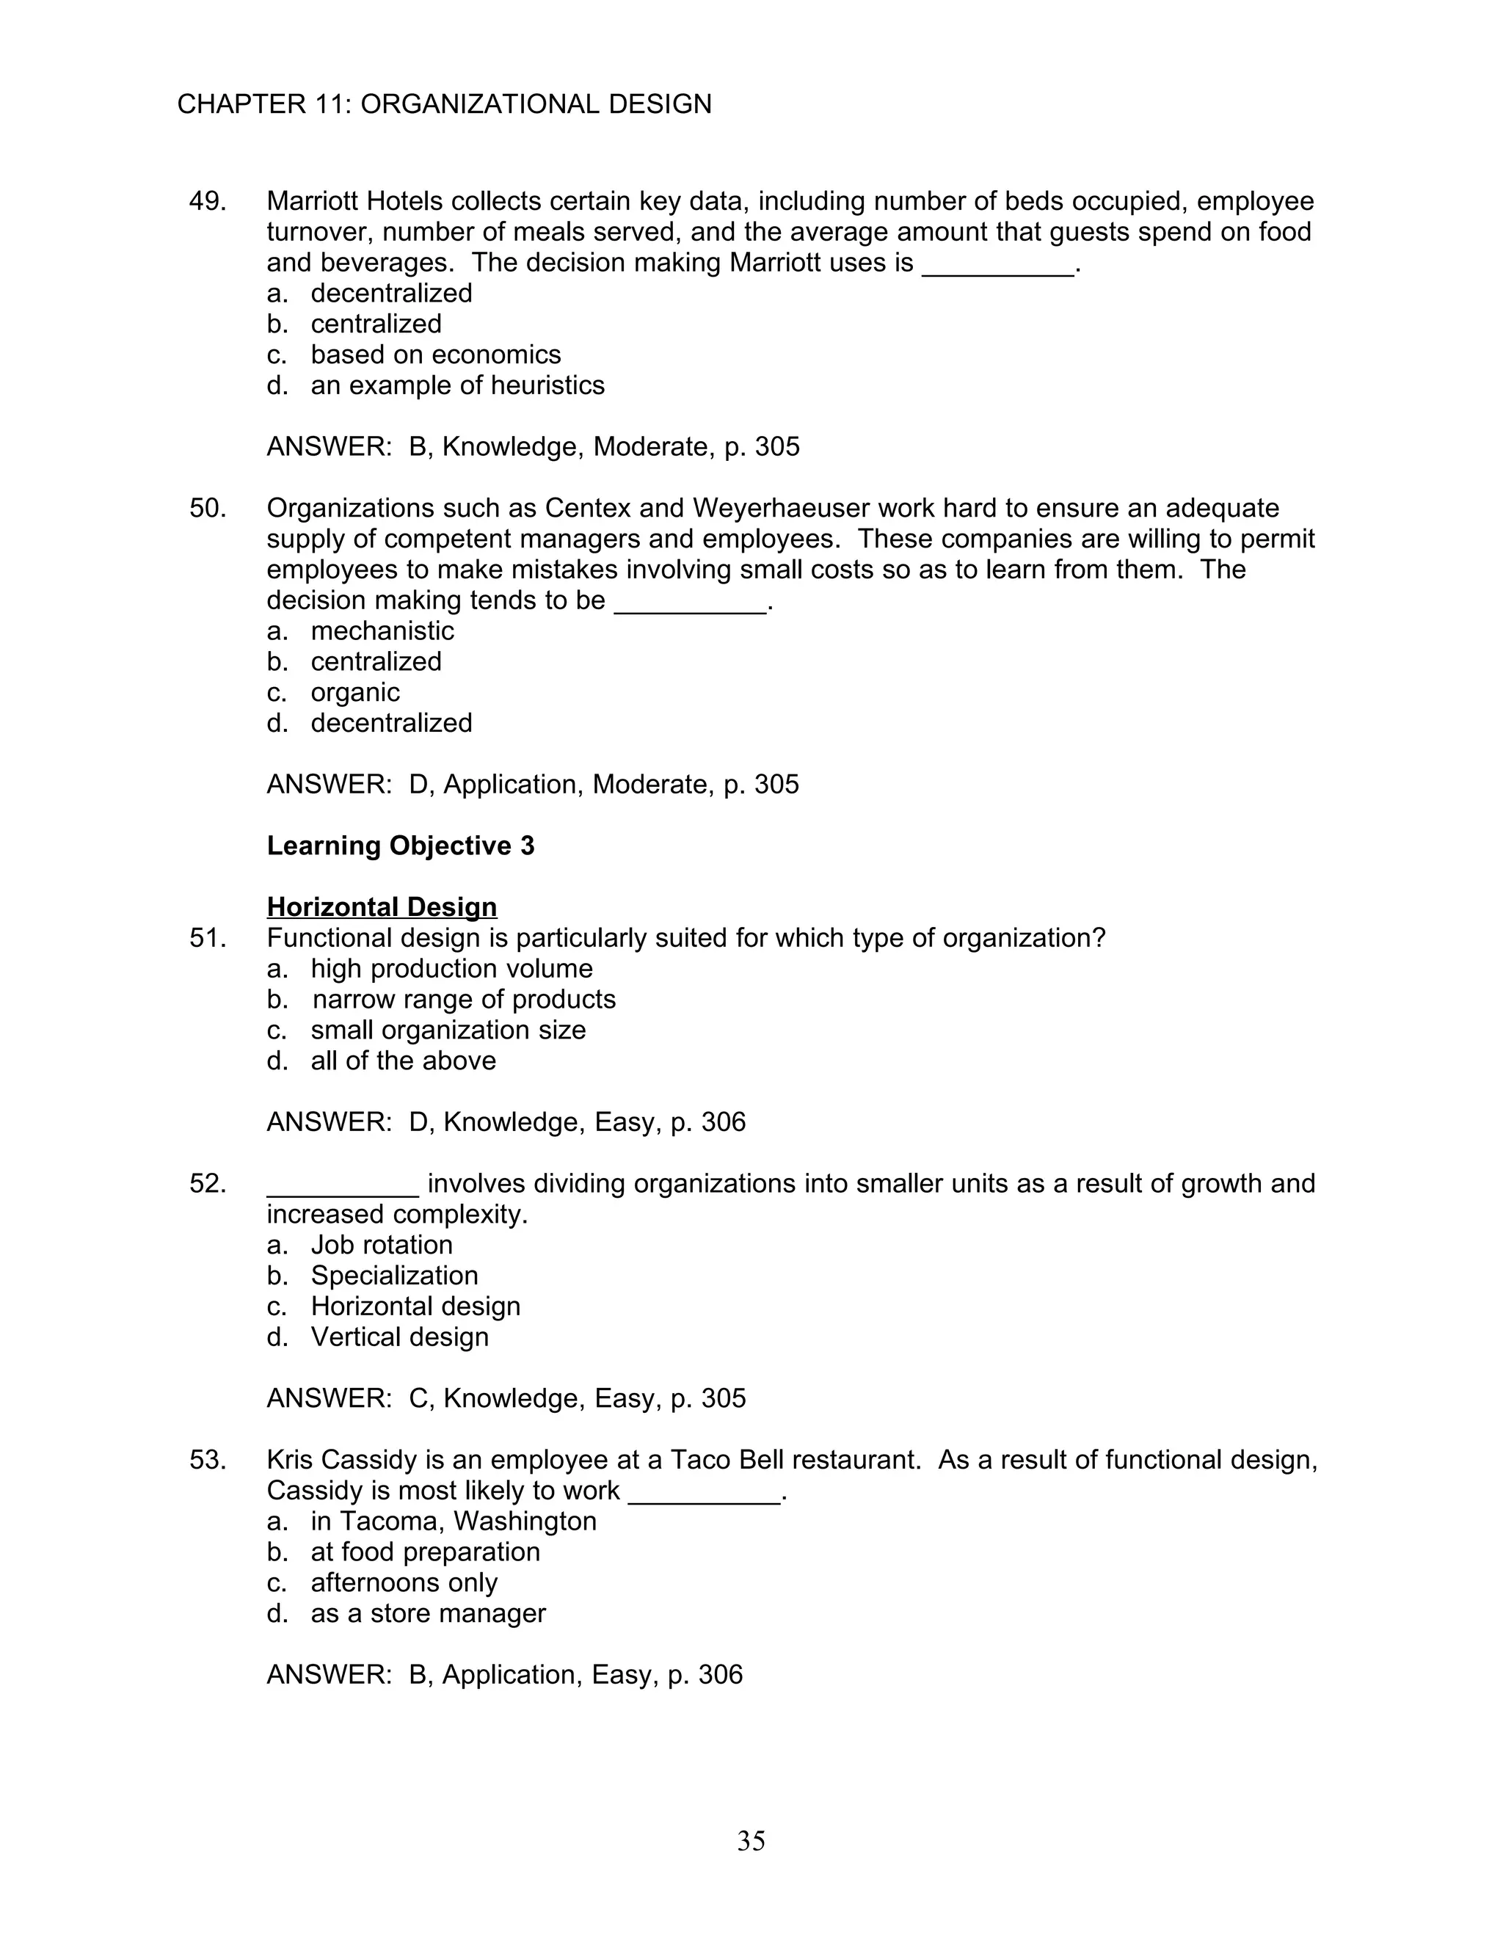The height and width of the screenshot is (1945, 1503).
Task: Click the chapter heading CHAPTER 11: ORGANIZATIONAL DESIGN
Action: [x=444, y=104]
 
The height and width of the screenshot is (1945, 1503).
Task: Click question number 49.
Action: [x=208, y=202]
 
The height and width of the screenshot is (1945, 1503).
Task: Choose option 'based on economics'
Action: [x=435, y=355]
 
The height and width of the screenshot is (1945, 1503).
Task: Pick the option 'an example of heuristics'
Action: [x=456, y=385]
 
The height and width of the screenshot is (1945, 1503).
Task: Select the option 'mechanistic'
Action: [x=382, y=631]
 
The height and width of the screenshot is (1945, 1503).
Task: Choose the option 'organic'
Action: [x=354, y=693]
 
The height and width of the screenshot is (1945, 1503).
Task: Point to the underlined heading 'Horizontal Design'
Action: [x=382, y=907]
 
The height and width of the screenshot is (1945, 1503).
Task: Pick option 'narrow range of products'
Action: [x=463, y=999]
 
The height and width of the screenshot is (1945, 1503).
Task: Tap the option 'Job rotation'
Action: [x=381, y=1245]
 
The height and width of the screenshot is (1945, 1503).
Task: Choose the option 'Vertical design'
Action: [x=399, y=1337]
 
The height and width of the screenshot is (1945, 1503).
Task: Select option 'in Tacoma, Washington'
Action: [x=454, y=1521]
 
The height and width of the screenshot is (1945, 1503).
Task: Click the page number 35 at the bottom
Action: [x=751, y=1841]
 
